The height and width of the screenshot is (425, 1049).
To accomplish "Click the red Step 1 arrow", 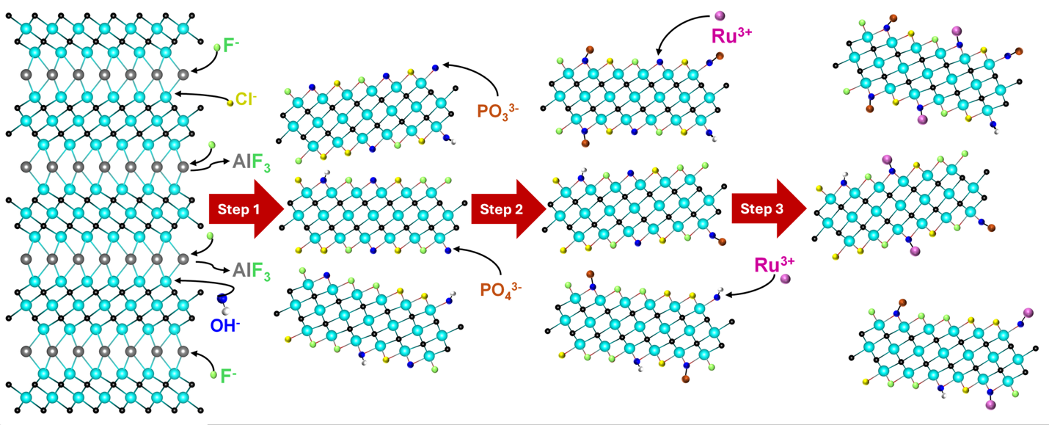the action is pyautogui.click(x=246, y=209).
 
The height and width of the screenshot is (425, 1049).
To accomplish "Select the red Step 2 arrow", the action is pyautogui.click(x=508, y=209).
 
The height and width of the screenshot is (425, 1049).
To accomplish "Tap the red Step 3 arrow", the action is pyautogui.click(x=769, y=208).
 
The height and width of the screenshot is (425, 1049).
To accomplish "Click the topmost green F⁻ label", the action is pyautogui.click(x=232, y=46).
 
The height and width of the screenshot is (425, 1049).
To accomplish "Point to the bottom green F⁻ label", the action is pyautogui.click(x=229, y=376).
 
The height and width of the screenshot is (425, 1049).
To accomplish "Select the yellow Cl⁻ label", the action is pyautogui.click(x=246, y=99).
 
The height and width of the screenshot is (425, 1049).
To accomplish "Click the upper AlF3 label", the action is pyautogui.click(x=252, y=163).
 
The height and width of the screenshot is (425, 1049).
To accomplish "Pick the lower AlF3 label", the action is pyautogui.click(x=252, y=271).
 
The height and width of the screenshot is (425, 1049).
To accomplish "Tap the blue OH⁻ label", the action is pyautogui.click(x=225, y=325).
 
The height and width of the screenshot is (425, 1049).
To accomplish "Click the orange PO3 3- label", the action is pyautogui.click(x=498, y=111).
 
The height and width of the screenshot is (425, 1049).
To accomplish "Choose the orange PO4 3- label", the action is pyautogui.click(x=500, y=290).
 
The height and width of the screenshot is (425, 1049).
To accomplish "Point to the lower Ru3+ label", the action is pyautogui.click(x=775, y=265).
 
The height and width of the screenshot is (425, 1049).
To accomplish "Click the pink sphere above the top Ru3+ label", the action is pyautogui.click(x=720, y=16).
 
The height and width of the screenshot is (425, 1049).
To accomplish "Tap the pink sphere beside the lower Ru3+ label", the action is pyautogui.click(x=786, y=279).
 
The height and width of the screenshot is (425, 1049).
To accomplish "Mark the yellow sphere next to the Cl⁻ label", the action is pyautogui.click(x=230, y=103).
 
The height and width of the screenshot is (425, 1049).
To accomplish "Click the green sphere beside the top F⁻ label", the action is pyautogui.click(x=217, y=47).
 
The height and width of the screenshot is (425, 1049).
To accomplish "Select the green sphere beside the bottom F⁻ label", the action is pyautogui.click(x=213, y=374).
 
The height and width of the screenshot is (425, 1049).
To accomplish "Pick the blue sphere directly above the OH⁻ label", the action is pyautogui.click(x=222, y=299).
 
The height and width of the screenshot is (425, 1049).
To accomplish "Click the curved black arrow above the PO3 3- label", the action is pyautogui.click(x=485, y=72).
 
